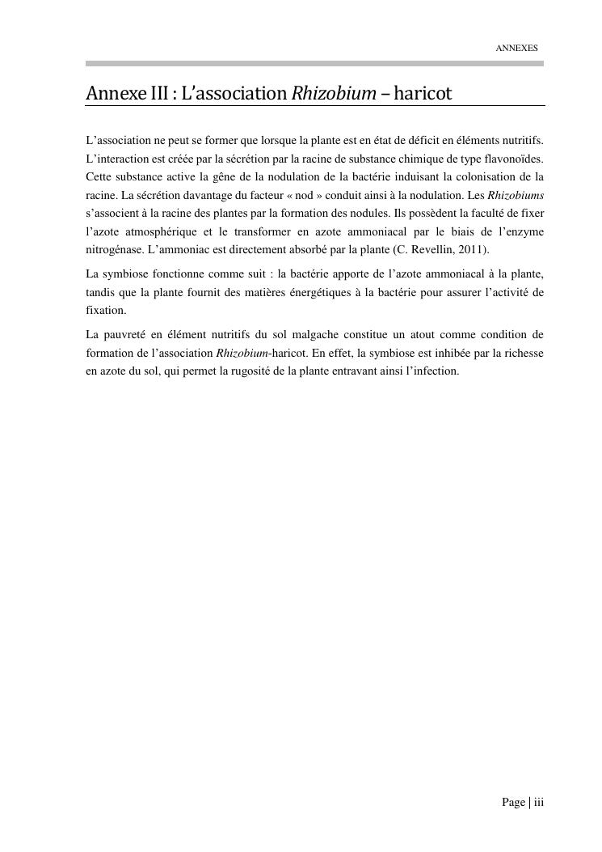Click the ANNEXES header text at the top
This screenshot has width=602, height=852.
(516, 49)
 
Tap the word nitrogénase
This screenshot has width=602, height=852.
(114, 250)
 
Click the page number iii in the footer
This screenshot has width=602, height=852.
(537, 803)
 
